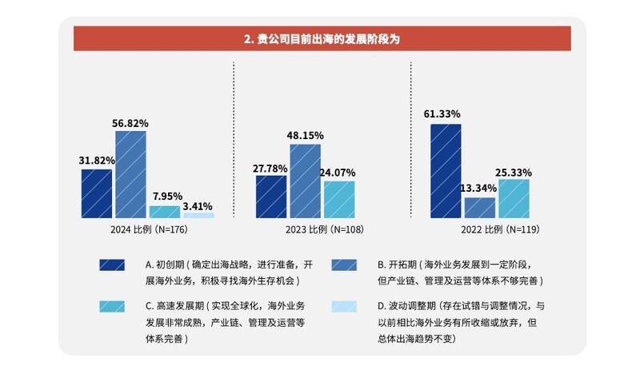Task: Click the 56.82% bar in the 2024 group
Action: [x=130, y=174]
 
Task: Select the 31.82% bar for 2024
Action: [x=97, y=193]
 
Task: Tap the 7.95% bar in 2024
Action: [x=165, y=212]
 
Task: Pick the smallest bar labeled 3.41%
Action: [x=198, y=215]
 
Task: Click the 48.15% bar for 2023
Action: [x=305, y=181]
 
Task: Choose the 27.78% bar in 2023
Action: [x=271, y=197]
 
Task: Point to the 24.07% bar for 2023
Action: [x=339, y=199]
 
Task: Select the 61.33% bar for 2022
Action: [x=446, y=171]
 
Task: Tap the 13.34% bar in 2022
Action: [x=480, y=208]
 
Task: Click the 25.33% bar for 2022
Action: [x=514, y=198]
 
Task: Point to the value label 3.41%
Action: [x=198, y=205]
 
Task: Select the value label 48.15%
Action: [x=305, y=136]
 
